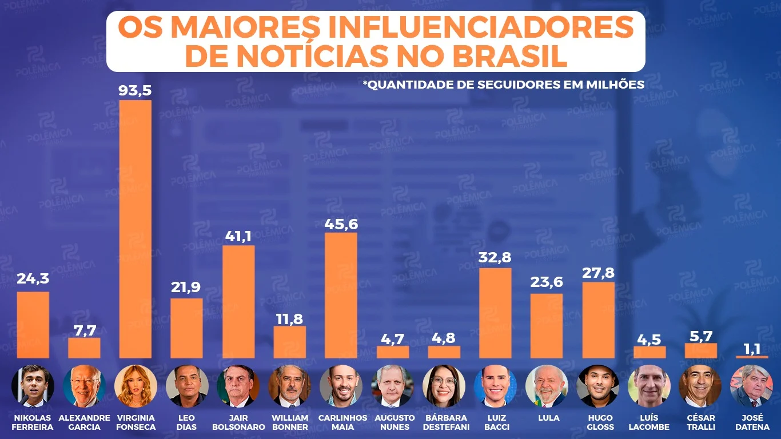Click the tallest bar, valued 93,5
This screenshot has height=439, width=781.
(136, 229)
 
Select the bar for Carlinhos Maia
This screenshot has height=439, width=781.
(341, 295)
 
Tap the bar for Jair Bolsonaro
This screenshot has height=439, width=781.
(238, 301)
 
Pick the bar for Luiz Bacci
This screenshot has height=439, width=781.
(495, 313)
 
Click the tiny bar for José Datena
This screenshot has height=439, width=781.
(752, 357)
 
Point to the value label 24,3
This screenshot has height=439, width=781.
(33, 279)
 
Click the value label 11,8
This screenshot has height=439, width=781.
(289, 319)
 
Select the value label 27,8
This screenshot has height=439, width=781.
(598, 272)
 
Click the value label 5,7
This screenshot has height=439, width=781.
(700, 336)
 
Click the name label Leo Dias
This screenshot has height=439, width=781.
(187, 422)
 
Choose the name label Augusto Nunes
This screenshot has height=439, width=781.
(395, 422)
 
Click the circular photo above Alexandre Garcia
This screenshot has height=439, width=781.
(84, 385)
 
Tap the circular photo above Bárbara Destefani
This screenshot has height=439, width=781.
(444, 385)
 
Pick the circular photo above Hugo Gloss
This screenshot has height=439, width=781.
(598, 385)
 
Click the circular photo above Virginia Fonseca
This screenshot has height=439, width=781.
(136, 385)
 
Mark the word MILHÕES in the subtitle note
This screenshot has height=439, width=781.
(617, 85)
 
